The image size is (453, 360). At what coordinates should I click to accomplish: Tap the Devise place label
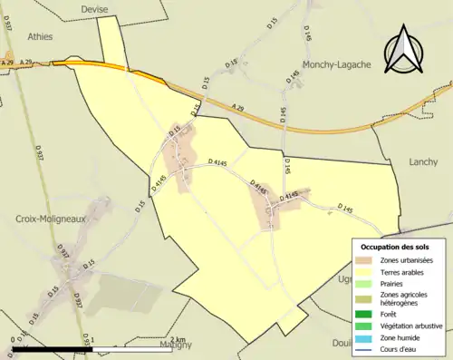tap(93, 9)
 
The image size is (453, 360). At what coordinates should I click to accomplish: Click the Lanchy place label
tap(424, 161)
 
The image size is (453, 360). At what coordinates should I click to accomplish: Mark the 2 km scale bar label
tap(177, 340)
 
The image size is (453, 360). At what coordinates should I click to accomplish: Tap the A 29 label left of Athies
tap(8, 62)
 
